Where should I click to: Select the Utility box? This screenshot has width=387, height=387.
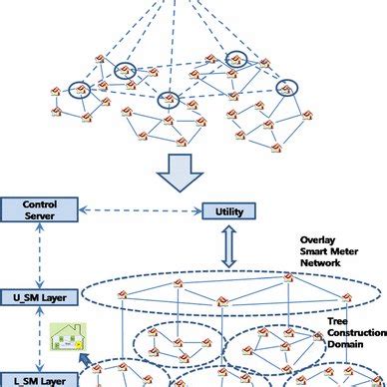click(x=229, y=211)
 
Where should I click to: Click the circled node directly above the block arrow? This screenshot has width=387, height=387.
click(x=168, y=100)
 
